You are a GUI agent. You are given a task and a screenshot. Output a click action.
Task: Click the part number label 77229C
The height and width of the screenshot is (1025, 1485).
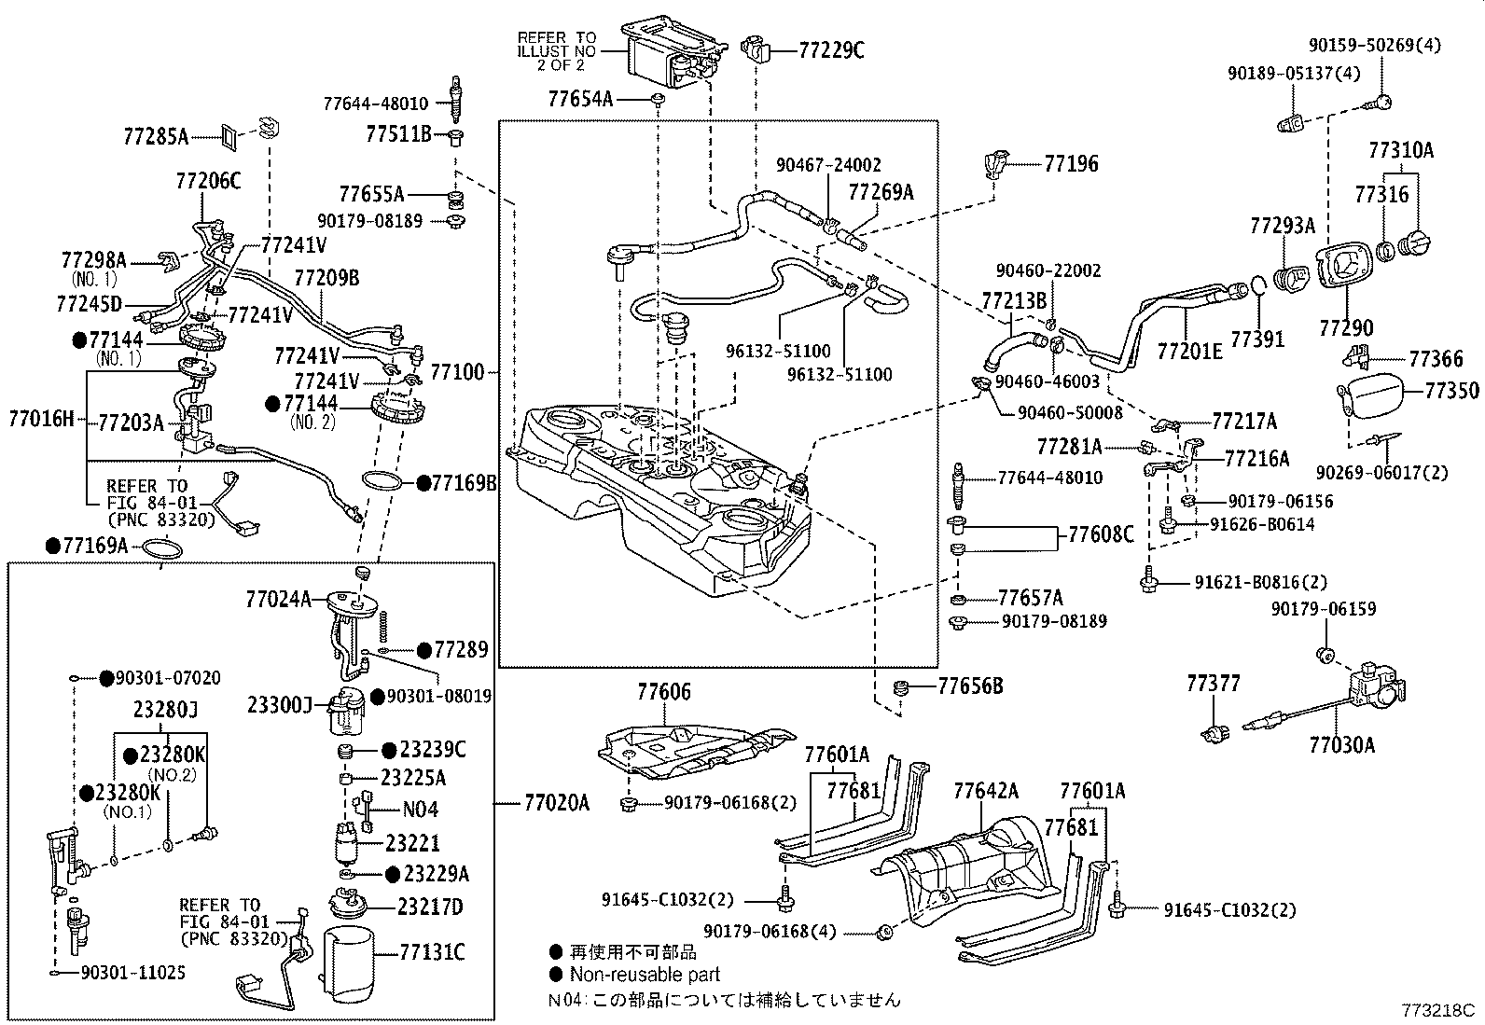[831, 50]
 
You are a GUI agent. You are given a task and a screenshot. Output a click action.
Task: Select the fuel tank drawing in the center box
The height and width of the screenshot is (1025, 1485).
[662, 504]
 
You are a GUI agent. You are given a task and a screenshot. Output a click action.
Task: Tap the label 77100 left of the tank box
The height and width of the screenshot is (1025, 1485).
[457, 372]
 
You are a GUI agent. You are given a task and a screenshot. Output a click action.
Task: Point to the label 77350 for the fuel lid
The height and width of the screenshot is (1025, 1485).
[1451, 390]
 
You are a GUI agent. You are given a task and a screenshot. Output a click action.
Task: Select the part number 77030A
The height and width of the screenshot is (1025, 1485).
[1341, 744]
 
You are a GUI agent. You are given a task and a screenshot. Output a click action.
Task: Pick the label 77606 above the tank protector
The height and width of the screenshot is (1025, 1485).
[664, 692]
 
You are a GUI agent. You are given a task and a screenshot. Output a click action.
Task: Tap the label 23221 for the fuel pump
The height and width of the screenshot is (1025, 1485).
[412, 842]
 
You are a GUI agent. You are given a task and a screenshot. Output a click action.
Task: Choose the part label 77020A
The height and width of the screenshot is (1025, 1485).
[557, 802]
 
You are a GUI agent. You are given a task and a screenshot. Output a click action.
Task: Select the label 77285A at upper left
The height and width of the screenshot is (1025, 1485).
[156, 137]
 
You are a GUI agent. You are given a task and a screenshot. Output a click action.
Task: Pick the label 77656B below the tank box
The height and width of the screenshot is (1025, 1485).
[970, 686]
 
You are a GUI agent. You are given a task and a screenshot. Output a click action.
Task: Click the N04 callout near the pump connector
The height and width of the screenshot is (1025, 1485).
[421, 810]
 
